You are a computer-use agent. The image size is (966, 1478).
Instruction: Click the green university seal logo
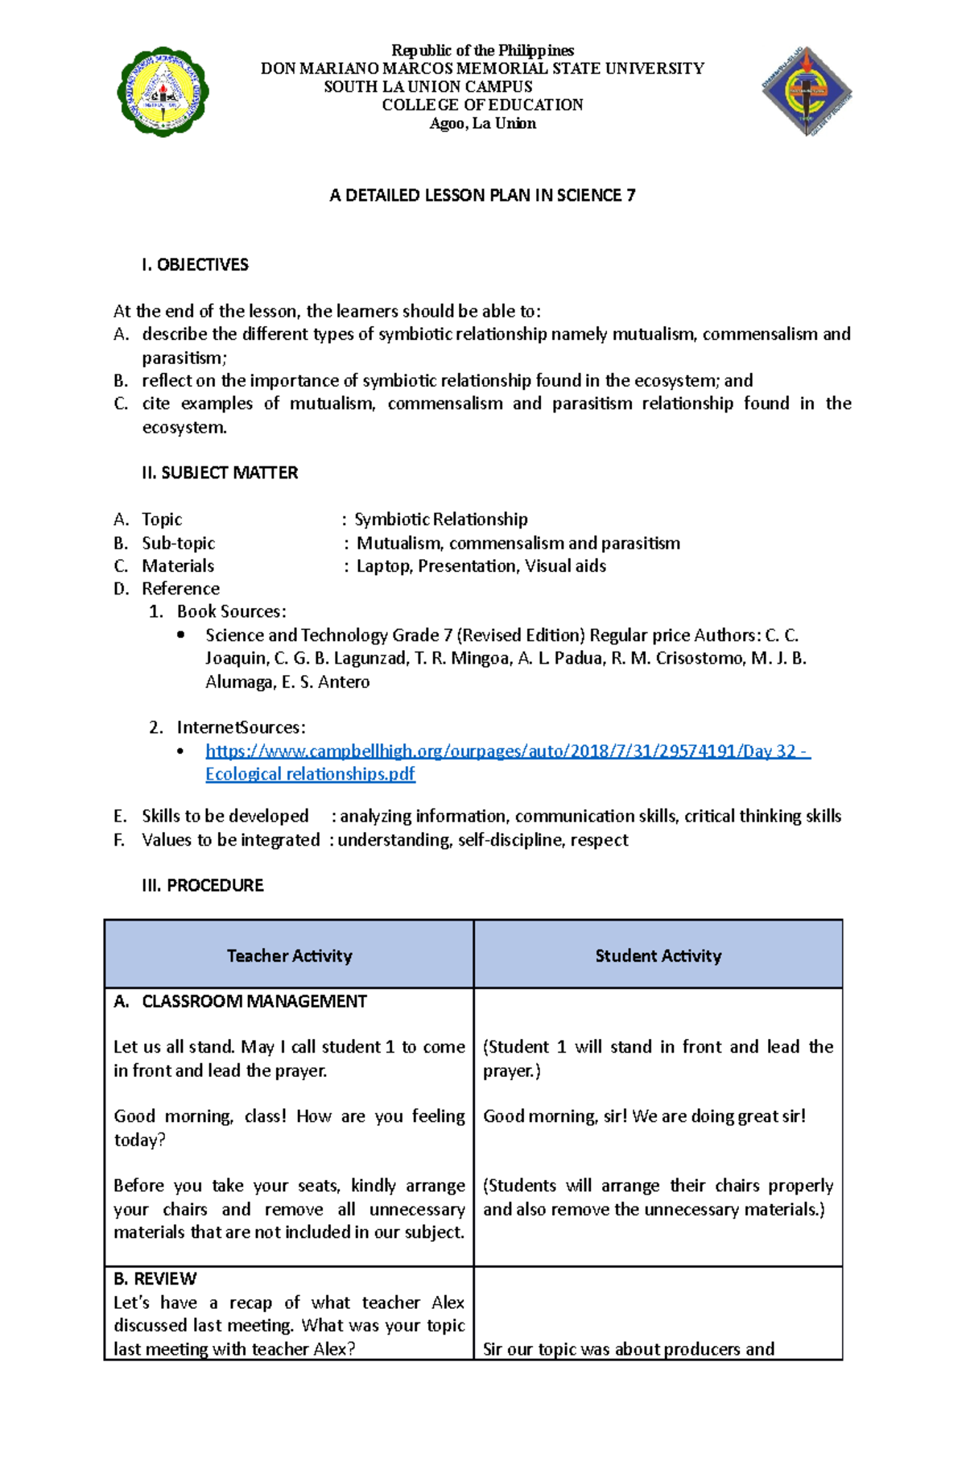[x=163, y=91]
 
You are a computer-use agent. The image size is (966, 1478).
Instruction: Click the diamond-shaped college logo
[x=807, y=91]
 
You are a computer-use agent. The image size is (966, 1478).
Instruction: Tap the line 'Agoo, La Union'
[x=482, y=123]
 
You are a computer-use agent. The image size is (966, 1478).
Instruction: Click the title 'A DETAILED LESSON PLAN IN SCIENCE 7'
[x=482, y=195]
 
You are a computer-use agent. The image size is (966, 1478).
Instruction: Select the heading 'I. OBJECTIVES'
[x=194, y=265]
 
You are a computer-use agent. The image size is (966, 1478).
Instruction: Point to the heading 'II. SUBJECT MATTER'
[x=219, y=473]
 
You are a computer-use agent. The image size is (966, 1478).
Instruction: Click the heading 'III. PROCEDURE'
[x=202, y=885]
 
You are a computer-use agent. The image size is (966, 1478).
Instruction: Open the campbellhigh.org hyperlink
[x=507, y=751]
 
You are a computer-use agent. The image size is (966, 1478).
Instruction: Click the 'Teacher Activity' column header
[x=289, y=955]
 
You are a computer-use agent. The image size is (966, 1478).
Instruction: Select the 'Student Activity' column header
[x=658, y=955]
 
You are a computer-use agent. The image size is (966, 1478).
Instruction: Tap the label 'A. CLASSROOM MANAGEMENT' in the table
[x=240, y=1001]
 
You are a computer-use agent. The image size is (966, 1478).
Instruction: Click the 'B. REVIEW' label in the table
[x=155, y=1278]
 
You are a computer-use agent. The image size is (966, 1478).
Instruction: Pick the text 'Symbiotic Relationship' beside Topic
[x=440, y=520]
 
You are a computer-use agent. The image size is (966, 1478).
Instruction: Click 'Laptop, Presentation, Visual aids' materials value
[x=481, y=566]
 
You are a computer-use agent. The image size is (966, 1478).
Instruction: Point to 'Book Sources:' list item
[x=231, y=611]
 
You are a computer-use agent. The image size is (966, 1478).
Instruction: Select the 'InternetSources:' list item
[x=241, y=727]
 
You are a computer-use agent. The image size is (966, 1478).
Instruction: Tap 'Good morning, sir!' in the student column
[x=555, y=1116]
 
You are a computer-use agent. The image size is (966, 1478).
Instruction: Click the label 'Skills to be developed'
[x=225, y=816]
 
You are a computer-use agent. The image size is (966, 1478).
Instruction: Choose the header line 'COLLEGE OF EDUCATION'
[x=482, y=105]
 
